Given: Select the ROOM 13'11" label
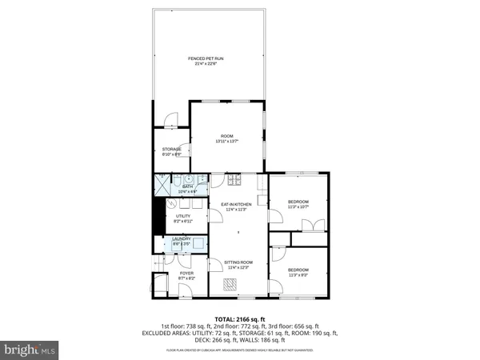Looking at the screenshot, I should click(x=226, y=139).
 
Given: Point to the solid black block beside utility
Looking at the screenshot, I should click(x=157, y=216).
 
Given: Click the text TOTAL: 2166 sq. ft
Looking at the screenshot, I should click(x=239, y=318).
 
